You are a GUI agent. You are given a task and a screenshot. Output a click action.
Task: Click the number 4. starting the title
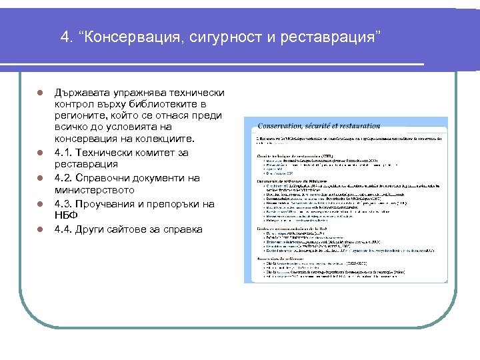66,35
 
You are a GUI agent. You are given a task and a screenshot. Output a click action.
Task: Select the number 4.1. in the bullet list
65,152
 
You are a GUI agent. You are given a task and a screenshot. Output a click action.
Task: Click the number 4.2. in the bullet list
65,178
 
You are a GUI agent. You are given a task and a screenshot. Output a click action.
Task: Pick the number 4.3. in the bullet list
65,204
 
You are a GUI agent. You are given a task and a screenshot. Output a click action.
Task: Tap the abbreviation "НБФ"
66,216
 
